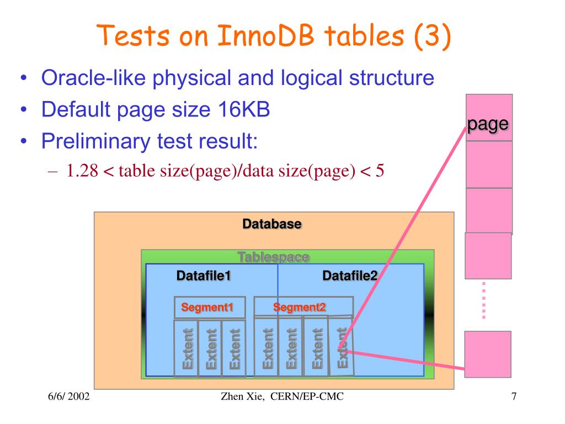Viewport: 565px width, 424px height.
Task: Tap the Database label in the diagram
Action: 272,225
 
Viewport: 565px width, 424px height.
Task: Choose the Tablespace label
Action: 273,257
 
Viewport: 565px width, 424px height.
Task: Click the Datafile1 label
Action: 203,275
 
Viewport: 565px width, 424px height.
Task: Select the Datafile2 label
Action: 350,275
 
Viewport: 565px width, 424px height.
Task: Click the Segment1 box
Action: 202,308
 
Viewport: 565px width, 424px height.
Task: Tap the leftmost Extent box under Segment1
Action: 186,348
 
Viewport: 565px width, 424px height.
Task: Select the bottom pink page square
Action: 488,354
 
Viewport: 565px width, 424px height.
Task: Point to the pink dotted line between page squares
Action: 484,300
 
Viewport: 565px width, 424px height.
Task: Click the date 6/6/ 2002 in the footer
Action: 68,397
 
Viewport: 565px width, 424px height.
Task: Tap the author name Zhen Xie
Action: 236,397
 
